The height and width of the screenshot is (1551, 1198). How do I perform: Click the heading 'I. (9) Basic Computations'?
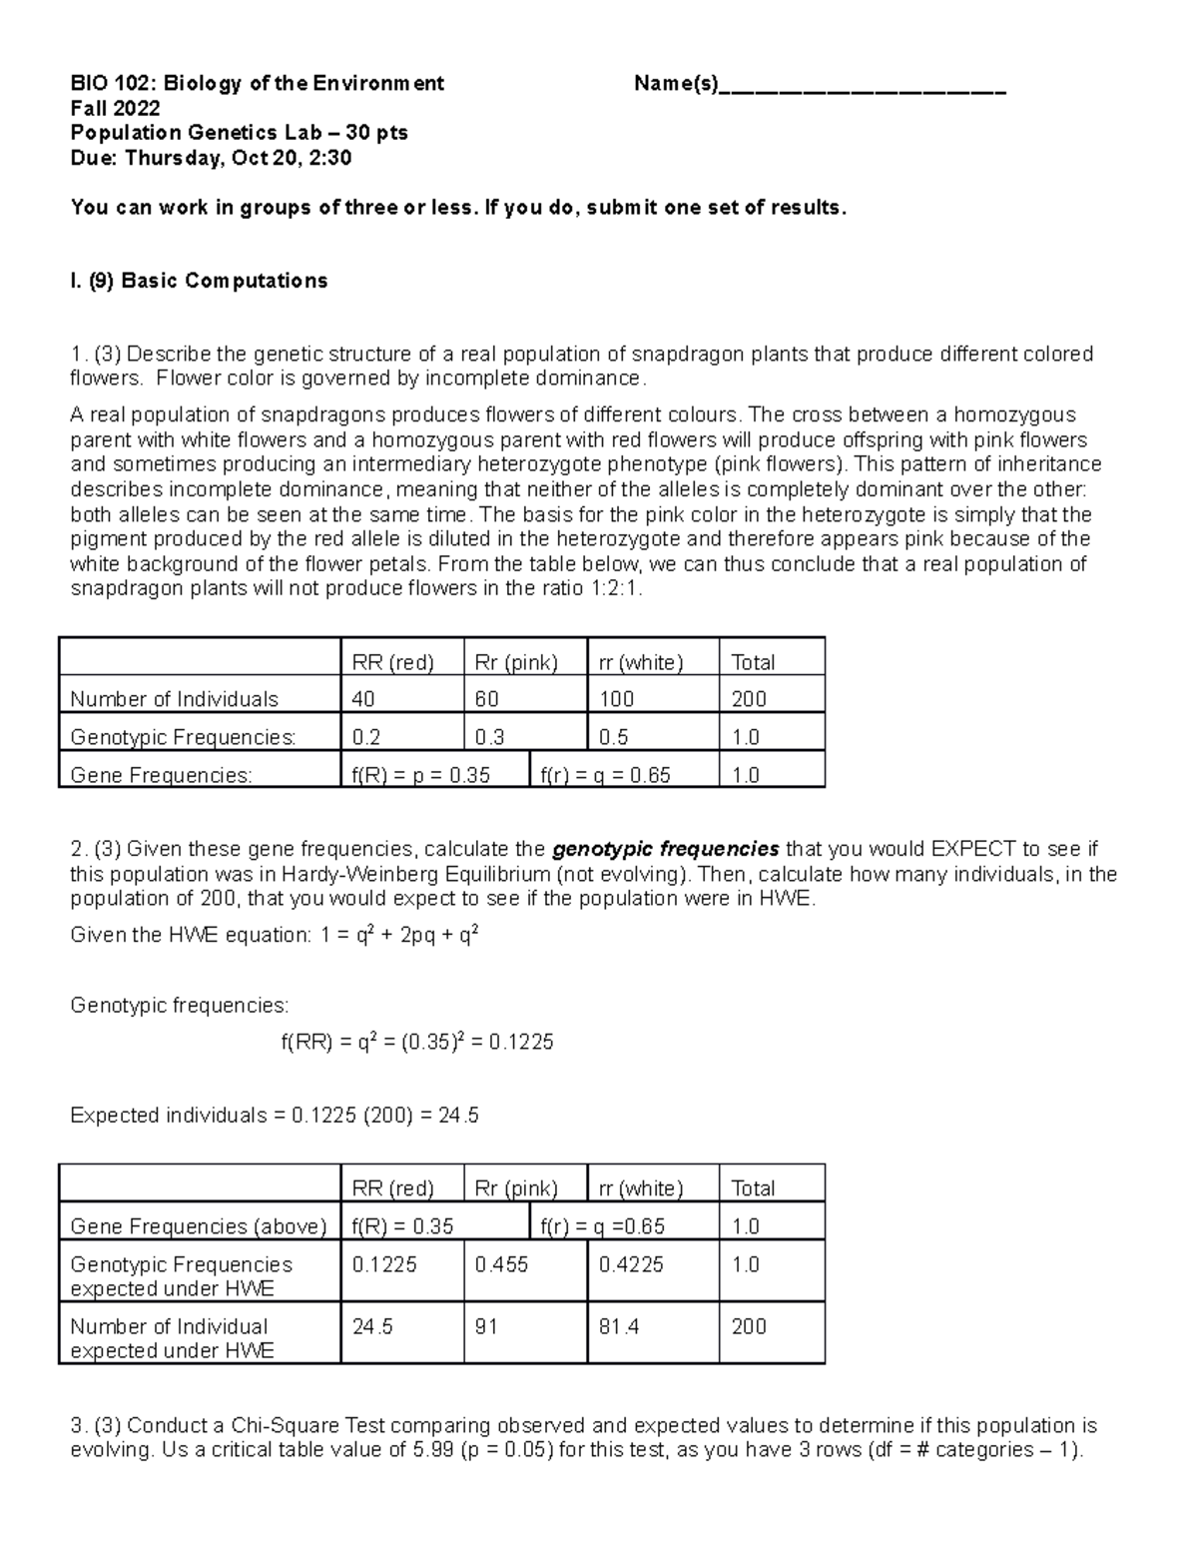[199, 281]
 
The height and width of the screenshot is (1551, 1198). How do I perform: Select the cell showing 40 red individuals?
[401, 699]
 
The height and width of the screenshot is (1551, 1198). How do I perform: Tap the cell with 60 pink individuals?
[525, 699]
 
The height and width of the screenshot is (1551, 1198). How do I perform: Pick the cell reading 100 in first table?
[652, 699]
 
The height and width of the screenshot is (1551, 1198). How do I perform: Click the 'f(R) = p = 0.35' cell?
[433, 775]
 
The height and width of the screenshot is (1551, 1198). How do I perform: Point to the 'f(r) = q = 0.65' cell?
[623, 775]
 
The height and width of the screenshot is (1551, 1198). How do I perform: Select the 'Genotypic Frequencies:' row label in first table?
[184, 737]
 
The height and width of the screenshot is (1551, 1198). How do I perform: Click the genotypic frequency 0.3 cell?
[525, 737]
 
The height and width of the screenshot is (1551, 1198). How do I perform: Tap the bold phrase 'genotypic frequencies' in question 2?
[665, 850]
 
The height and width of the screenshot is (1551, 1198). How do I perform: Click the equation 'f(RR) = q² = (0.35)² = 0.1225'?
[416, 1043]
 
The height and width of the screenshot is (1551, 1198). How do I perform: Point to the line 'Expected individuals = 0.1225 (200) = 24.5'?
[275, 1116]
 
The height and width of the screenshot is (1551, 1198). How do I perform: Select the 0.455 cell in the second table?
[525, 1265]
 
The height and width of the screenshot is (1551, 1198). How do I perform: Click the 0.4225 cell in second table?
[652, 1265]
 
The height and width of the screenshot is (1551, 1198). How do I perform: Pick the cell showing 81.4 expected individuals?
[652, 1327]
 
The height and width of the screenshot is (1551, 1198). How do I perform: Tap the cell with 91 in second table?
[525, 1327]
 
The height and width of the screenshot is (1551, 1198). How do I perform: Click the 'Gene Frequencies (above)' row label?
[199, 1226]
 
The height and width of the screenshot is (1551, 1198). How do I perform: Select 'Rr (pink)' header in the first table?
[525, 662]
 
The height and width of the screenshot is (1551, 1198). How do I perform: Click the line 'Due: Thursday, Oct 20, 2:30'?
[211, 158]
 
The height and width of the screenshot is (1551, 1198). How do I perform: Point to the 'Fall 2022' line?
[115, 109]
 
